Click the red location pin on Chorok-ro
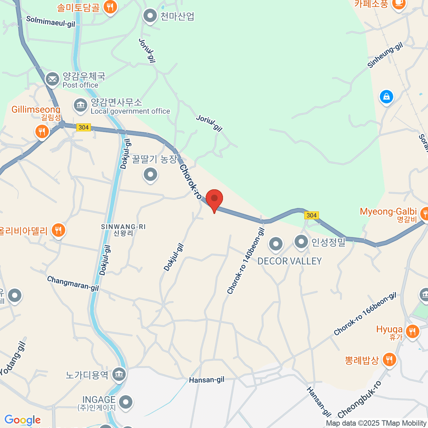coord(214,199)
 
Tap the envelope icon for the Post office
coord(52,79)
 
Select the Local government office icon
coord(81,105)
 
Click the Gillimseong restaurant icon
coord(42,132)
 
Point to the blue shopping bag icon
coord(386,96)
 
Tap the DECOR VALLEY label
coord(289,261)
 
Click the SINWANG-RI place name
coord(123,227)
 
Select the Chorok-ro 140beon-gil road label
coord(246,261)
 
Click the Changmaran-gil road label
coord(73,284)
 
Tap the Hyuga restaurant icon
coord(412,331)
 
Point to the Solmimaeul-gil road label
coord(51,21)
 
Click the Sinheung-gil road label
coord(385,55)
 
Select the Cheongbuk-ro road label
coord(360,400)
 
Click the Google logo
coord(22,420)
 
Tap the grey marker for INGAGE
coord(126,402)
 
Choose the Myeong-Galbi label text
coord(388,212)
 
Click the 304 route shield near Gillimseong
coord(83,127)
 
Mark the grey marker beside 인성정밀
coord(301,242)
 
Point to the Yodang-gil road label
coord(13,358)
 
